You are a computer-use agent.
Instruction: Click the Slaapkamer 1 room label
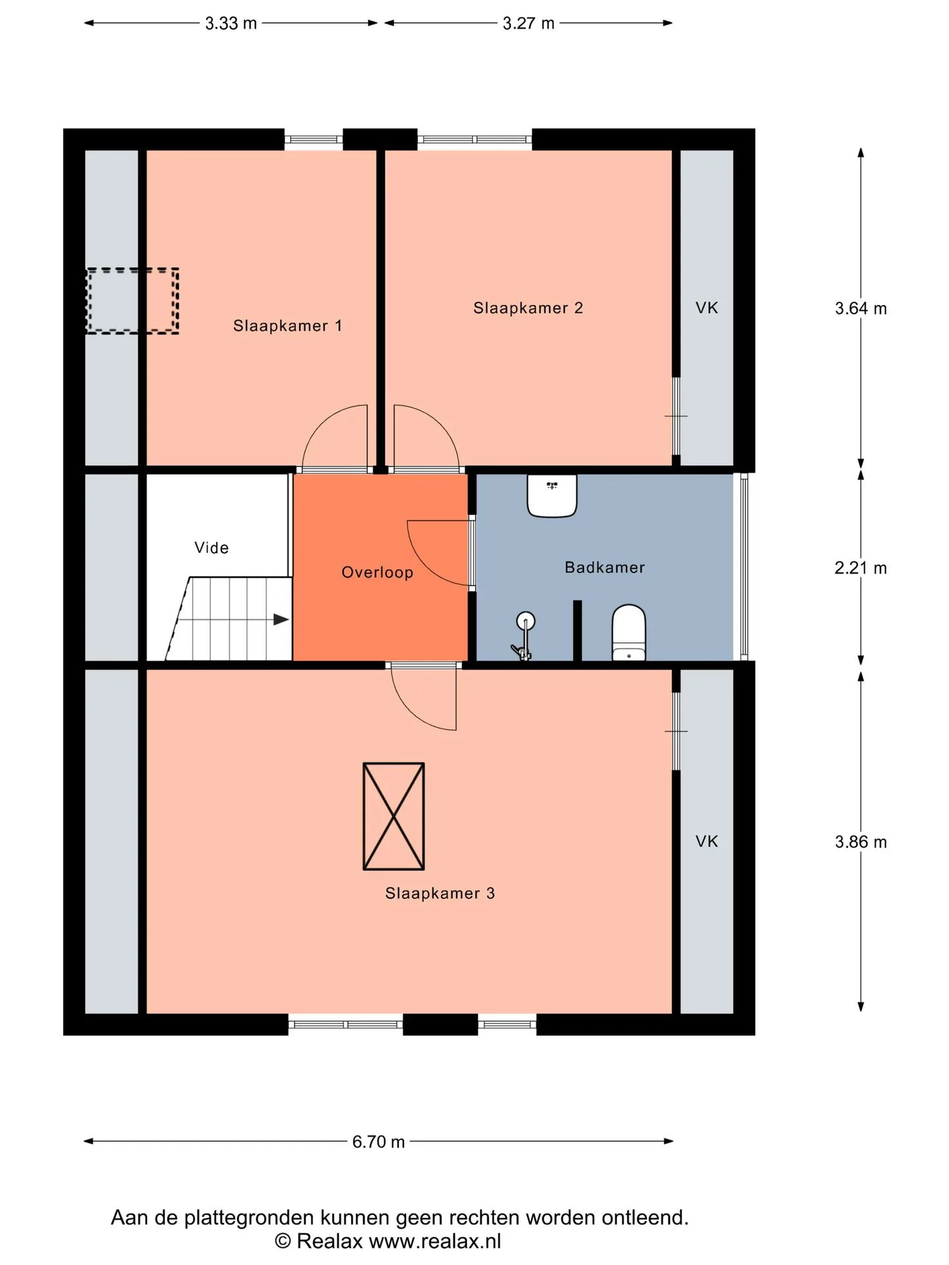coord(287,325)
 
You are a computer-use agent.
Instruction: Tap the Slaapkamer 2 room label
coord(528,308)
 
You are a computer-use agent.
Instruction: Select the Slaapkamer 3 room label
coord(440,893)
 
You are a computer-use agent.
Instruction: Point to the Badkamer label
coord(604,567)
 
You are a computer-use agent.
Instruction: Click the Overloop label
coord(377,573)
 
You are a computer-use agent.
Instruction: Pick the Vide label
coord(212,548)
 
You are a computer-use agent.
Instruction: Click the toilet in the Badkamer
coord(629,632)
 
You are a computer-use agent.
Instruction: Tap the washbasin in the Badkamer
coord(552,495)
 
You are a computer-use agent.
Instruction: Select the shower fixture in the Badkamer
coord(523,636)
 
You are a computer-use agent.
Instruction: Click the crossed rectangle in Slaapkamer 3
coord(393,816)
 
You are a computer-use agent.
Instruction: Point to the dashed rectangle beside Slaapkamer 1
coord(132,300)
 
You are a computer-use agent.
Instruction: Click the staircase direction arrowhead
coord(281,619)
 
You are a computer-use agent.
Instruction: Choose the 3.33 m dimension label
coord(231,24)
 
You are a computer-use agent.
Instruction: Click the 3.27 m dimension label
coord(529,24)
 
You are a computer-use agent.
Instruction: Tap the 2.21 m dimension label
coord(861,568)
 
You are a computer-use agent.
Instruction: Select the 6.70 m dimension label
coord(378,1142)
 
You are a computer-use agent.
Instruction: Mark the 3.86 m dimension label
coord(861,842)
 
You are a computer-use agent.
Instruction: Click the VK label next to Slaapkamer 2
coord(706,308)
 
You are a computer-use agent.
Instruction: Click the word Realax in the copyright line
coord(330,1241)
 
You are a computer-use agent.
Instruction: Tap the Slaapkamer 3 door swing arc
coord(409,712)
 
